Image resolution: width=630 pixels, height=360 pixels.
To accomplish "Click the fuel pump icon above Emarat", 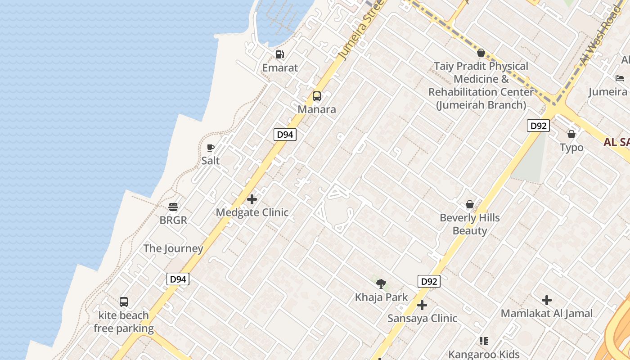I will (280, 55).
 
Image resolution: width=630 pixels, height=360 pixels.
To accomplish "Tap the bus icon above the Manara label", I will (317, 96).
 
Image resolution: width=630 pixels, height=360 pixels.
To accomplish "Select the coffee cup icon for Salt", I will (210, 148).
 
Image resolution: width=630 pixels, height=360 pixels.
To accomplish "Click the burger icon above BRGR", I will (173, 207).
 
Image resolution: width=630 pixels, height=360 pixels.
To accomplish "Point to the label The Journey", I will (173, 248).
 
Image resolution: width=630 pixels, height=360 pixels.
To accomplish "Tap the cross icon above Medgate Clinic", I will (252, 199).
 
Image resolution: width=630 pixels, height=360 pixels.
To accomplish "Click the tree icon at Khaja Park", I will (381, 283).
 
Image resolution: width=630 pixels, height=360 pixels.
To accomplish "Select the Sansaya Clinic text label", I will (422, 319).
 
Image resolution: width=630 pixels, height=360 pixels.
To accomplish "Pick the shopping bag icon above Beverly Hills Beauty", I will (470, 205).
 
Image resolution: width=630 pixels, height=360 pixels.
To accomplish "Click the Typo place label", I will (571, 148).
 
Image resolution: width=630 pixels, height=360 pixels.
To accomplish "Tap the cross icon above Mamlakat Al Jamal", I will (547, 300).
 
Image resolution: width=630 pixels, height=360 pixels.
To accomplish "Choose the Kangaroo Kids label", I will (484, 354).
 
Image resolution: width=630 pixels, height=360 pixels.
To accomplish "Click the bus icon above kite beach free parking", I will (124, 302).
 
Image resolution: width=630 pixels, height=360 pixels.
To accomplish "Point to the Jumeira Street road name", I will (360, 31).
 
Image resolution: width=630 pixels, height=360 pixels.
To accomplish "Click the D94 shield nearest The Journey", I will (178, 279).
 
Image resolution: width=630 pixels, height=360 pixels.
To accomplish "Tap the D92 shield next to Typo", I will (538, 126).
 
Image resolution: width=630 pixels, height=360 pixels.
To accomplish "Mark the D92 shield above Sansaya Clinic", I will (428, 282).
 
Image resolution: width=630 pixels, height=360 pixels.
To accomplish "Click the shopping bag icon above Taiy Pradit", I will (481, 53).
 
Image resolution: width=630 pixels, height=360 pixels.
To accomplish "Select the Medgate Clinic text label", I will (252, 212).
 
